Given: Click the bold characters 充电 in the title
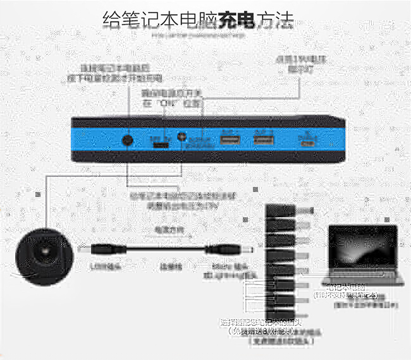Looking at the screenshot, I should (237, 20).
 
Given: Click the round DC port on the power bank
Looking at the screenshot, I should (127, 141).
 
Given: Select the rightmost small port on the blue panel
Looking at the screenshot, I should (308, 141).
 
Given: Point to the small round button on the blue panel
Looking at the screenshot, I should (183, 137).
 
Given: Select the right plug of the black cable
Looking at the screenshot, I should (240, 250).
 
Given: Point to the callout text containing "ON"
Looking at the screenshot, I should (171, 99).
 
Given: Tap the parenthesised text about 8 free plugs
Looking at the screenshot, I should (259, 332).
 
